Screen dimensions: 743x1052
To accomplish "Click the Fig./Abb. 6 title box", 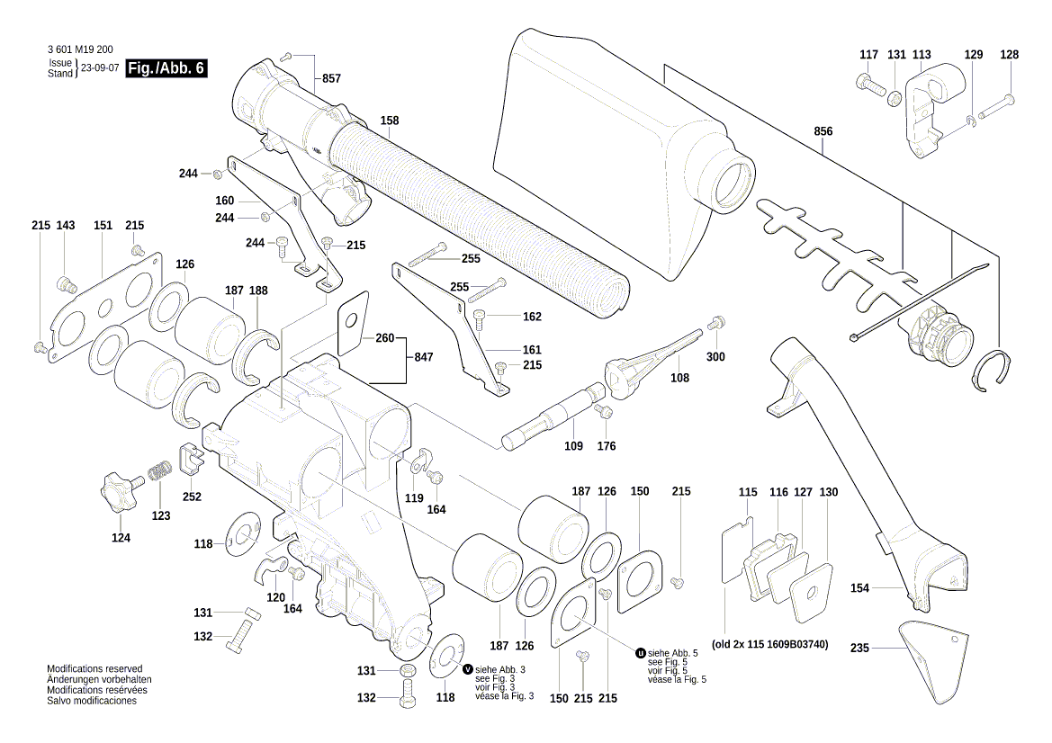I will [x=166, y=68].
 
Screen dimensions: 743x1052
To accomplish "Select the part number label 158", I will [x=389, y=121].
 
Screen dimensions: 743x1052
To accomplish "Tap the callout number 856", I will [x=823, y=131].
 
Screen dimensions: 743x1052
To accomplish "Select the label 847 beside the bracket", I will [x=423, y=357].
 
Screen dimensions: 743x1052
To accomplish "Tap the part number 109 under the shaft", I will [x=573, y=445].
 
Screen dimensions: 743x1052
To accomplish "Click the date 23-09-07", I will [x=100, y=68].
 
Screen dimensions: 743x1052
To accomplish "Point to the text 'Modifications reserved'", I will [x=94, y=669].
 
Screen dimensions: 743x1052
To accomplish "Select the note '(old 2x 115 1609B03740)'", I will [x=769, y=645].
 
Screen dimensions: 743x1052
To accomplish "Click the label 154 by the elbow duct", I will [x=860, y=587].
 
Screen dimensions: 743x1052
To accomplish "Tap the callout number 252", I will [x=192, y=497].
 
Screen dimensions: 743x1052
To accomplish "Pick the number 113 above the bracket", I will [x=922, y=55].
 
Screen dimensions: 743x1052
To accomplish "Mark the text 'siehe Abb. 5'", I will [x=674, y=653].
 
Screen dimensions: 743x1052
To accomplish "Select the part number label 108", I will [x=679, y=378].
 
